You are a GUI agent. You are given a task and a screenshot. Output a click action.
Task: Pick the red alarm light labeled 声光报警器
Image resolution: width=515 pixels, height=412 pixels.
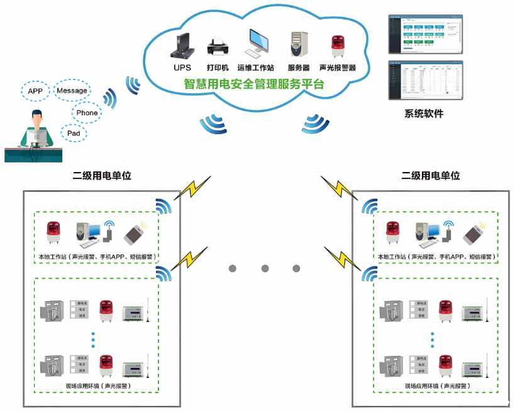tap(337, 46)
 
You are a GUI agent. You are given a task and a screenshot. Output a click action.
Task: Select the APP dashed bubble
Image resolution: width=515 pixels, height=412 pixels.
tap(35, 91)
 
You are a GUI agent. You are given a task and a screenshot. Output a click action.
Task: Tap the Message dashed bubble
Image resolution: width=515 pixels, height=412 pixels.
tap(72, 91)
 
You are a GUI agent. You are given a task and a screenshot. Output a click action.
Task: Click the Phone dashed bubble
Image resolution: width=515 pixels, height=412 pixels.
tap(87, 113)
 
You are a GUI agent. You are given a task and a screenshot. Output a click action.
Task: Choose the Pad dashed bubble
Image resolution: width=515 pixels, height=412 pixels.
tap(73, 133)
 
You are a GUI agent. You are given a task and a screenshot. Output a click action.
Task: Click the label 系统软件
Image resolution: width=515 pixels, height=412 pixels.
tap(423, 114)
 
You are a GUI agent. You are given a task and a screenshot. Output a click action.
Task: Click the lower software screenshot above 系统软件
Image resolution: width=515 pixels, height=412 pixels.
tap(424, 80)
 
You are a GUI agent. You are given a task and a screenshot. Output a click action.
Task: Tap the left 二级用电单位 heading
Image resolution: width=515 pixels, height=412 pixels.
tap(102, 175)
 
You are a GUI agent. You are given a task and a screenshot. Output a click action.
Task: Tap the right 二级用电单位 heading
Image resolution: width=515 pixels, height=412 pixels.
tap(430, 175)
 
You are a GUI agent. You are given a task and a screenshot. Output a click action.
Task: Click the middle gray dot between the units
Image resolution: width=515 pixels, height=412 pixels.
tap(264, 268)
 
